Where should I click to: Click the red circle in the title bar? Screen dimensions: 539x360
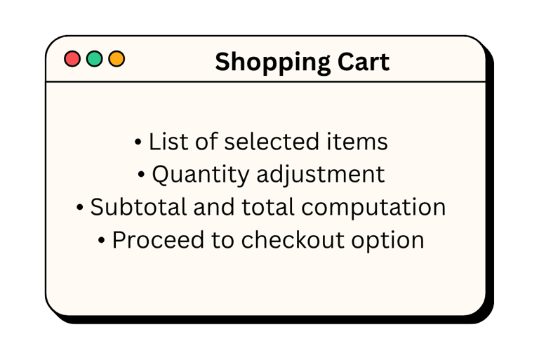coord(72,59)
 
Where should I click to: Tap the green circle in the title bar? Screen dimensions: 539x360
coord(95,59)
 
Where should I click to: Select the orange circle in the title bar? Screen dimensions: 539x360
coord(117,59)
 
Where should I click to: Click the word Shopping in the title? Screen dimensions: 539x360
coord(272,63)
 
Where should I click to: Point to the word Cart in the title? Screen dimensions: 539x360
coord(364,62)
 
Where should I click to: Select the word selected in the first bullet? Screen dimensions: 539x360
coord(272,141)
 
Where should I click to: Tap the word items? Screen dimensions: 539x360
coord(357,141)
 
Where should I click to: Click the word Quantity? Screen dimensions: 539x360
coord(201,175)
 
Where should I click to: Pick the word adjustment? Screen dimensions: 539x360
coord(320,175)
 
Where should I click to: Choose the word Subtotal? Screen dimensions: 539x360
coord(138,207)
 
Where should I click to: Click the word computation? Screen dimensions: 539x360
coord(373,208)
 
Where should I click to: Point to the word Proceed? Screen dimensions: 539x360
coord(158,240)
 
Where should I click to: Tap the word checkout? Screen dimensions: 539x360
coord(293,240)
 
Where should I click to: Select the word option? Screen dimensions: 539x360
coord(387,241)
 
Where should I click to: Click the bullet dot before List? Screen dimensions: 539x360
coord(138,142)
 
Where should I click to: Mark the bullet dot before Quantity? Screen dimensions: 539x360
coord(141,174)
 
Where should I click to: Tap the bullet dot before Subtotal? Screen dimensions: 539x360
coord(80,207)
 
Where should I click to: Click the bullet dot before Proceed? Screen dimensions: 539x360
coord(101,240)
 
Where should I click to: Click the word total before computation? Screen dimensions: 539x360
coord(268,207)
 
